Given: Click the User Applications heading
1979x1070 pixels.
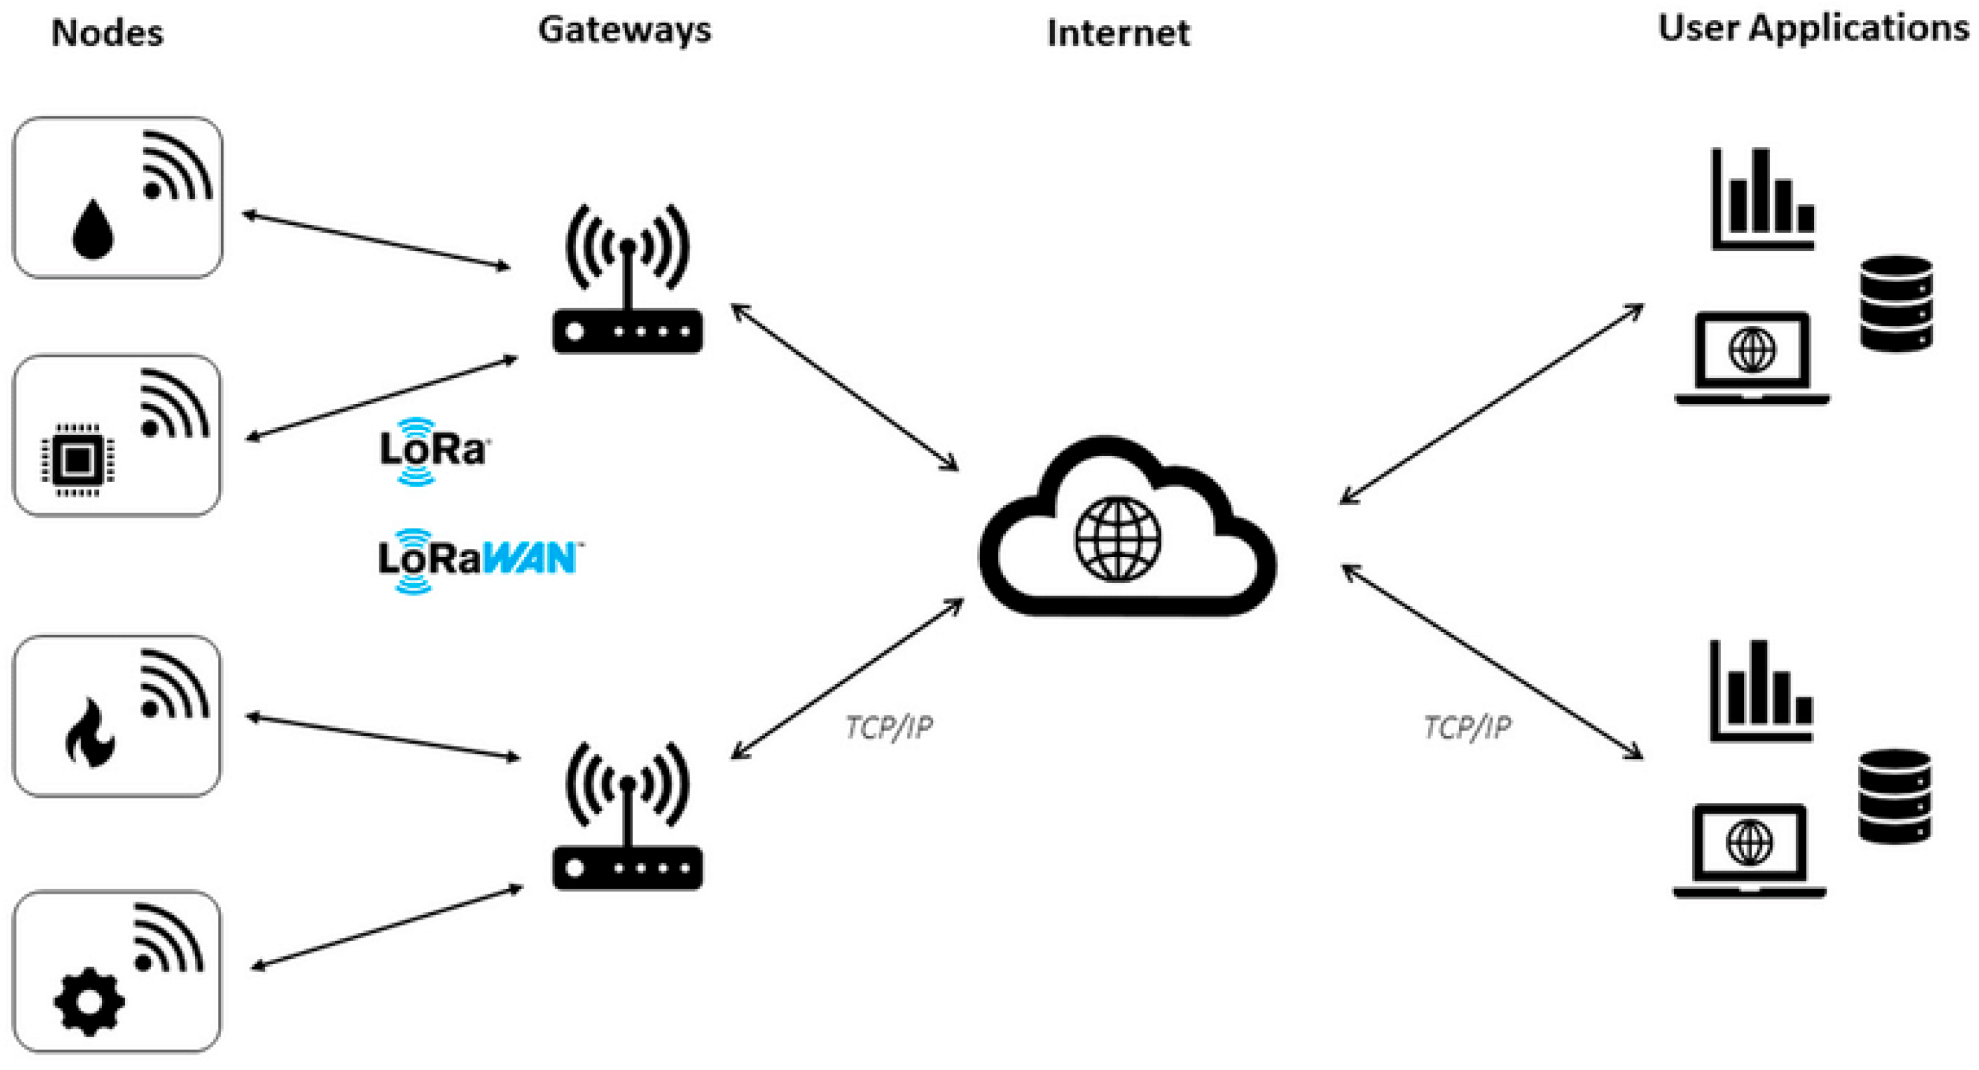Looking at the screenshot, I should click(x=1813, y=29).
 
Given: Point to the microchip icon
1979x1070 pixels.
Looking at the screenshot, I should click(x=78, y=460).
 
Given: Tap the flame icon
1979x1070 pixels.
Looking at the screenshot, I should click(x=91, y=733).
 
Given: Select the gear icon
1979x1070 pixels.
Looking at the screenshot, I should click(x=89, y=1001).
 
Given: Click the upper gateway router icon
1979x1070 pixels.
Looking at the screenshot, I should click(x=628, y=279).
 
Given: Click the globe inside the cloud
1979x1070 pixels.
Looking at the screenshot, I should click(x=1118, y=539).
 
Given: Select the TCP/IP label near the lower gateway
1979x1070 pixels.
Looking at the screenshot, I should click(x=889, y=727).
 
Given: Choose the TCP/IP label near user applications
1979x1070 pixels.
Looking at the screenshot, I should click(x=1466, y=727).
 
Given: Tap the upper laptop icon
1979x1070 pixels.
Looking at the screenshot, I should click(x=1751, y=358).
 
